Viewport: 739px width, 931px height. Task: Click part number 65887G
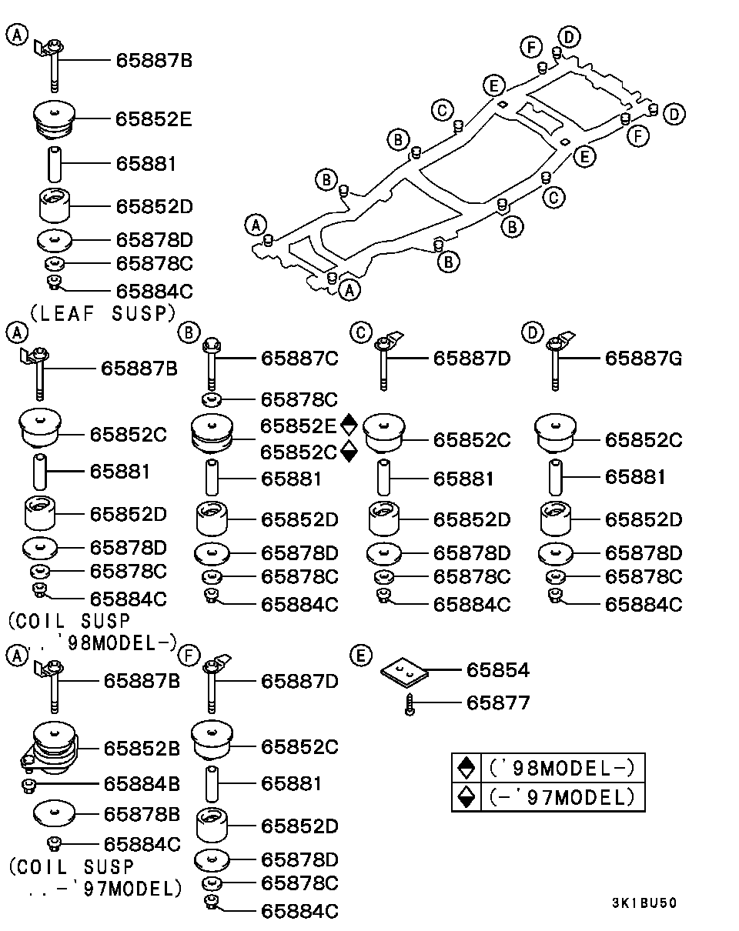(x=643, y=358)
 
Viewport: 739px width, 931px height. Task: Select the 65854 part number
(x=497, y=670)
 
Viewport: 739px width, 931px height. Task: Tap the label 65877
(x=497, y=702)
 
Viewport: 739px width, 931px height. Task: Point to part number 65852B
(x=142, y=747)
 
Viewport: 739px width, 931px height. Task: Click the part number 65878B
(x=142, y=814)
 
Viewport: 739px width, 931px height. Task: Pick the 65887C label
(x=299, y=358)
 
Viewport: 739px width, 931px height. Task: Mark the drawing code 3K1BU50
(x=644, y=903)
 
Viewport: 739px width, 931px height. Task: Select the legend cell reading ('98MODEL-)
(x=560, y=769)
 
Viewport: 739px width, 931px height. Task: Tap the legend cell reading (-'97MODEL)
(x=560, y=797)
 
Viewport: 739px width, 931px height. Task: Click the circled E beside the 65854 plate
(x=359, y=656)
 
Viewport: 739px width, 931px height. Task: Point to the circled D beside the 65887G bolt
(x=531, y=332)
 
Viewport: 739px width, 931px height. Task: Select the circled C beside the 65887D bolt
(x=359, y=332)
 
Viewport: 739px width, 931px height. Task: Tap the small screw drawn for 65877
(x=411, y=703)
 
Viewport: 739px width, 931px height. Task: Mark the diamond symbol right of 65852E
(x=349, y=423)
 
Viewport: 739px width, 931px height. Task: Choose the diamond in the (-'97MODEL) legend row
(x=466, y=797)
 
